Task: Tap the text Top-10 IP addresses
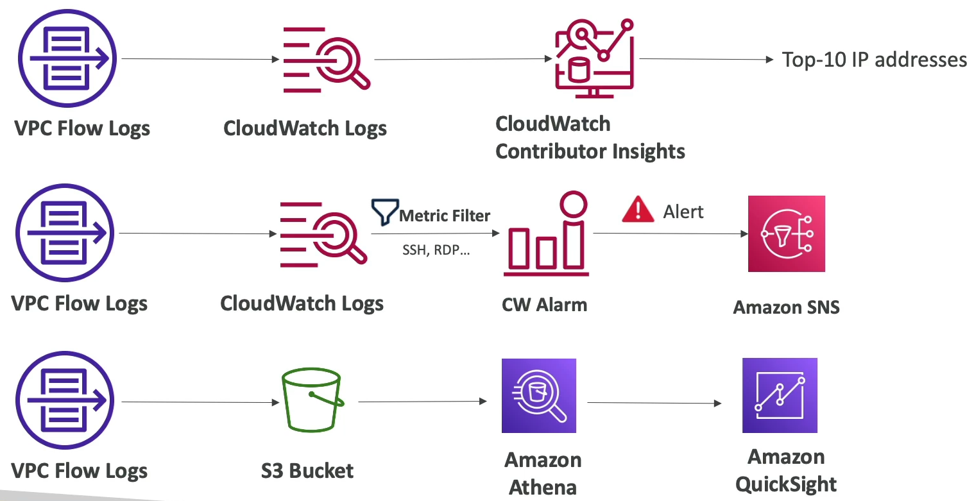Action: [875, 60]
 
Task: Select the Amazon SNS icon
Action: [786, 234]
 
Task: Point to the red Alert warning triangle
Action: [638, 211]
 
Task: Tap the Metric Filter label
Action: [445, 216]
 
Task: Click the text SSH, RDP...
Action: [436, 250]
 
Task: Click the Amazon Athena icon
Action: [539, 396]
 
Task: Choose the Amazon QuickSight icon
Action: [780, 395]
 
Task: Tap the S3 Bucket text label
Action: [307, 471]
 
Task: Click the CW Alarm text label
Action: [544, 304]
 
